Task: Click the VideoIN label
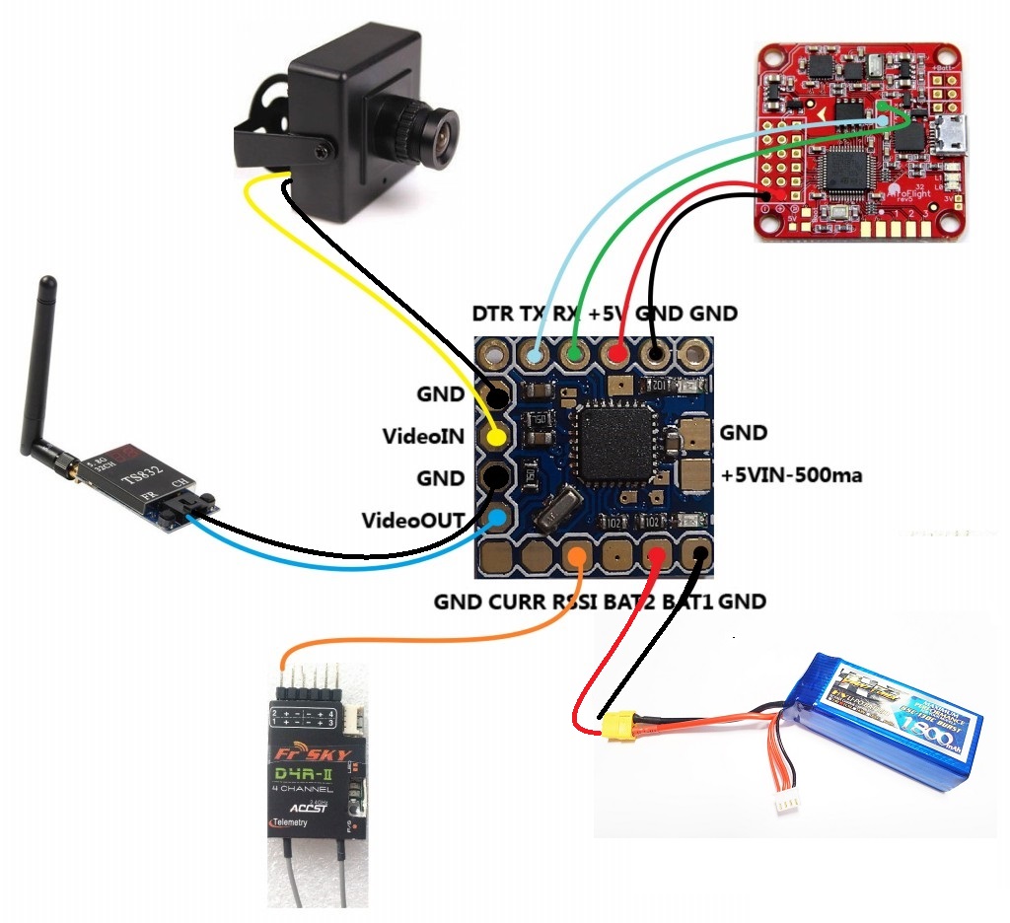(422, 436)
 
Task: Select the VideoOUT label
(412, 520)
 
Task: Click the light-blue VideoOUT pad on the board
(499, 518)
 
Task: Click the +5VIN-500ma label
(791, 475)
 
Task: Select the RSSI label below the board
(579, 602)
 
